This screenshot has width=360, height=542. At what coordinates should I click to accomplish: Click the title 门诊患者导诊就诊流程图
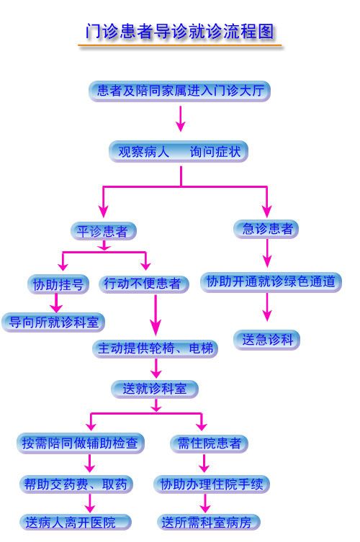click(x=179, y=31)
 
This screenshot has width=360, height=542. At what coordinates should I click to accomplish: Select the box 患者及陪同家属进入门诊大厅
click(x=179, y=91)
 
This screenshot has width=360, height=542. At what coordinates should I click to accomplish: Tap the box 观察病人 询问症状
click(x=179, y=151)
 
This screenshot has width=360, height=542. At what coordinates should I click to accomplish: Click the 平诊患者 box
click(x=104, y=231)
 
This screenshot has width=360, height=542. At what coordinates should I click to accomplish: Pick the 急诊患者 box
click(x=266, y=229)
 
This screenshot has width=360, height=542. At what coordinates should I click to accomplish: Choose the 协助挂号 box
click(x=58, y=284)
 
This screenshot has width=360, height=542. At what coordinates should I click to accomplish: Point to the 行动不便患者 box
click(x=144, y=284)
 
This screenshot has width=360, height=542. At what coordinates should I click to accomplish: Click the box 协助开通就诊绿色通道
click(x=271, y=282)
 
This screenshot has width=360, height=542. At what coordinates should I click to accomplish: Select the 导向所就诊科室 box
click(x=53, y=322)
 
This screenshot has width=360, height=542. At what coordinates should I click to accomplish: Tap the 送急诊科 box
click(x=266, y=340)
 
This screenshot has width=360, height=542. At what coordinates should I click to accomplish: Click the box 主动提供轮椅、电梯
click(x=155, y=348)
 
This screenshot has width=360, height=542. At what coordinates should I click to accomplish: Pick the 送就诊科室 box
click(x=155, y=389)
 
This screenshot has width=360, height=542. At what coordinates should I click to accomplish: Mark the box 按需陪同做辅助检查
click(x=80, y=443)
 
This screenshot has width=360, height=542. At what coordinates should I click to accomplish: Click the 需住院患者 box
click(x=210, y=443)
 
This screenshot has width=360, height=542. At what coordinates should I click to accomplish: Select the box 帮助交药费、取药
click(x=76, y=484)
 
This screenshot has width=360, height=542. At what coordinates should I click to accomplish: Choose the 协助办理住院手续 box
click(x=212, y=484)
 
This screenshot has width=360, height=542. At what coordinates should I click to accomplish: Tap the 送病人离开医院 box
click(x=76, y=523)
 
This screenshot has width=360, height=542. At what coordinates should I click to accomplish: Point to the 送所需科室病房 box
click(x=209, y=523)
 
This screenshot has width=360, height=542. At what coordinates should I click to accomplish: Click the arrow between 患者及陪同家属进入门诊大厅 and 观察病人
click(x=180, y=119)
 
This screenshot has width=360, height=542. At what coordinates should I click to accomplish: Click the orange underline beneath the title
click(x=179, y=45)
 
